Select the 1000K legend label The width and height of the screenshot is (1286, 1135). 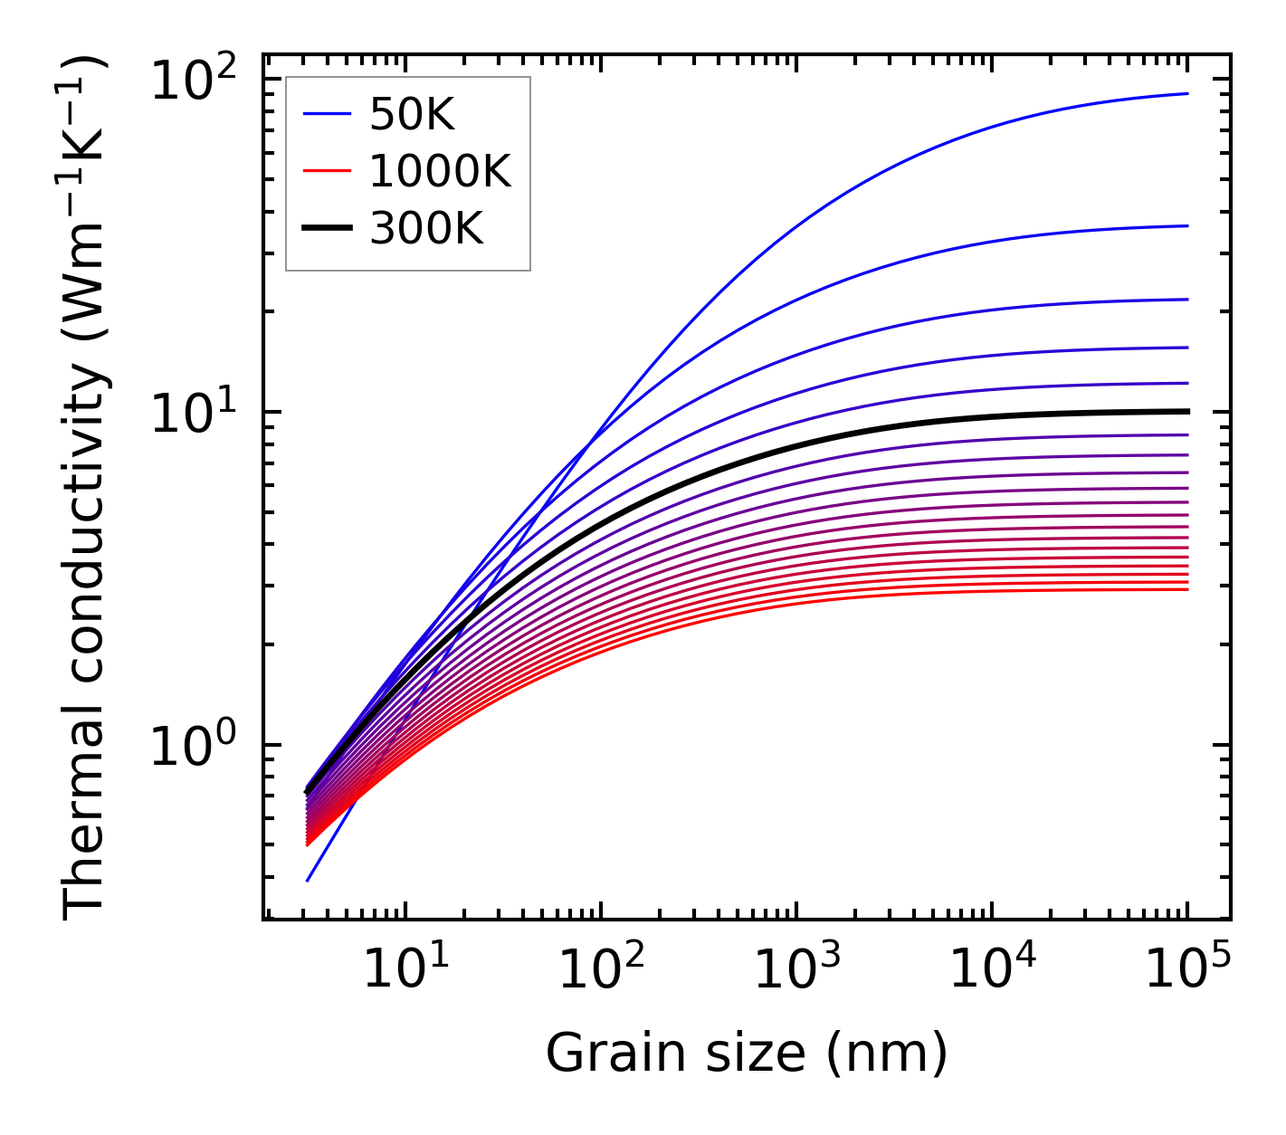(440, 171)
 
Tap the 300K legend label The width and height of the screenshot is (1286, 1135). (426, 229)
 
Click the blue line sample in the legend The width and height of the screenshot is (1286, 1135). (327, 114)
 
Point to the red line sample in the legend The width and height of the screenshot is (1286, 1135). (327, 171)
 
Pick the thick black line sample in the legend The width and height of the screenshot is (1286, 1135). (327, 229)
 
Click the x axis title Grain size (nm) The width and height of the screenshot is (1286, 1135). (747, 1054)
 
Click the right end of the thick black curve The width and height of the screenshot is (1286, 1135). (1186, 411)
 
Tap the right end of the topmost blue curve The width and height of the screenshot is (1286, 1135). (1186, 93)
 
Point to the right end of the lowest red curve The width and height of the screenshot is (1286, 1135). (1186, 590)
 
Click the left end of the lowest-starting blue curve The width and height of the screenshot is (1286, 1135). (308, 880)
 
